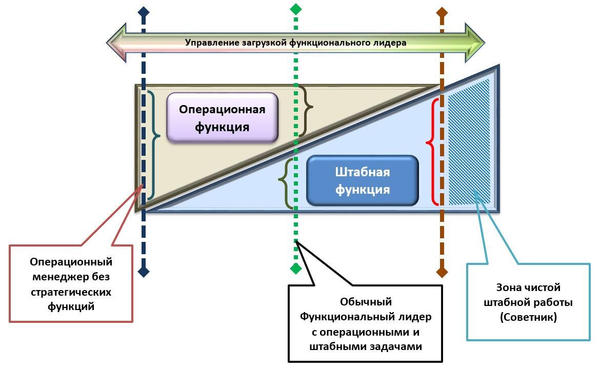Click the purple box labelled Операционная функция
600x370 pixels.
(x=222, y=117)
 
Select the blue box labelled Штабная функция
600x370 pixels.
(x=363, y=180)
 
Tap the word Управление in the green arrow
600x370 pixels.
(x=211, y=43)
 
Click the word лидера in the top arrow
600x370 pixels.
(x=390, y=43)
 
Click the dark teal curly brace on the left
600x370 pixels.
(x=153, y=145)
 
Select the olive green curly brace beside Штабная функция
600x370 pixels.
(x=286, y=183)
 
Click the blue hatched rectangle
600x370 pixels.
(x=469, y=142)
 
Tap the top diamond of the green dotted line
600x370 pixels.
(x=296, y=9)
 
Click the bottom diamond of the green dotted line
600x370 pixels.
(x=296, y=268)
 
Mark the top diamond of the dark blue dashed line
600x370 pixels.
(x=144, y=11)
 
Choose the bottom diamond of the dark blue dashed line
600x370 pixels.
(x=144, y=272)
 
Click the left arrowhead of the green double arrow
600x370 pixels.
(x=116, y=43)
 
